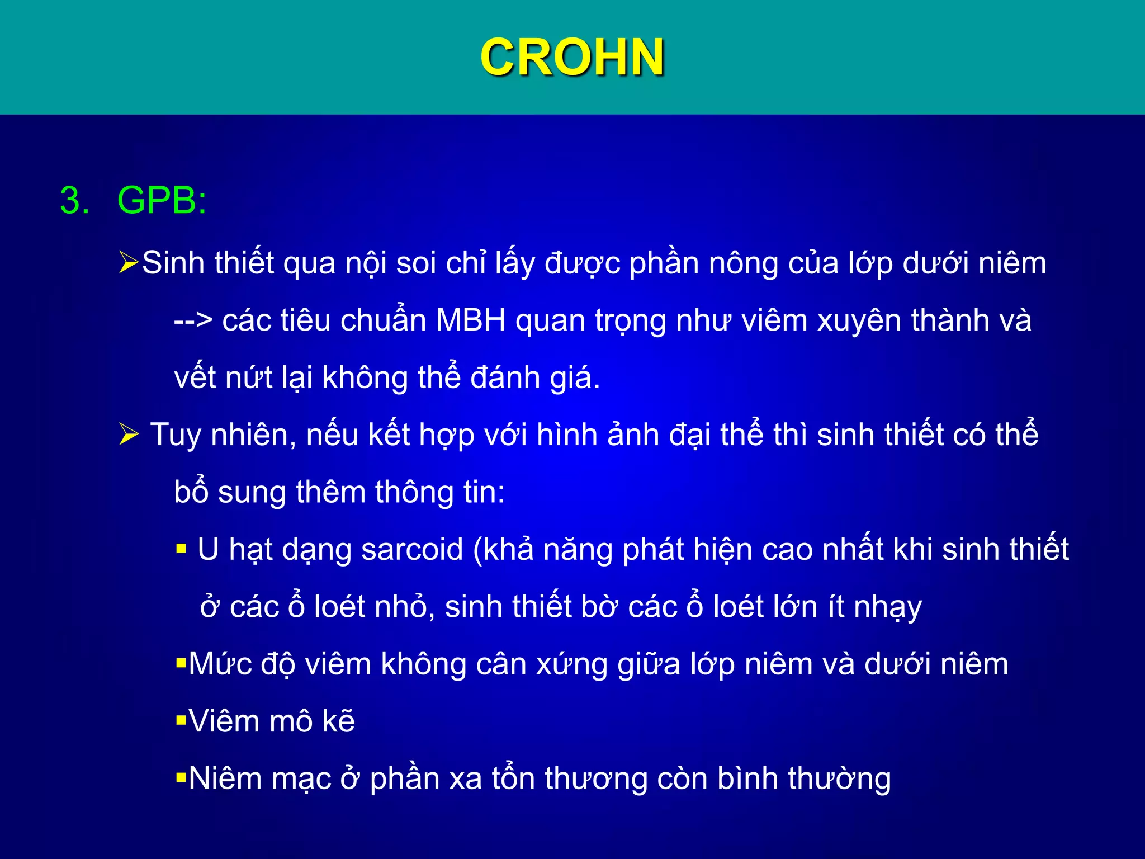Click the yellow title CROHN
click(x=572, y=57)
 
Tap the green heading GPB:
click(x=162, y=200)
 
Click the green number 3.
click(x=74, y=201)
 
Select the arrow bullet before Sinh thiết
click(x=128, y=263)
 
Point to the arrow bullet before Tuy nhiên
click(x=129, y=435)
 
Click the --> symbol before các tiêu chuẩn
click(x=193, y=321)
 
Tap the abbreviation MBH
click(x=471, y=320)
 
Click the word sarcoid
click(x=412, y=549)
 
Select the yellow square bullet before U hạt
click(x=181, y=549)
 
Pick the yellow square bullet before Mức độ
click(x=181, y=664)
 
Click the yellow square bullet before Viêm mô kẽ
click(x=181, y=720)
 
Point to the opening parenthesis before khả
click(x=478, y=550)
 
